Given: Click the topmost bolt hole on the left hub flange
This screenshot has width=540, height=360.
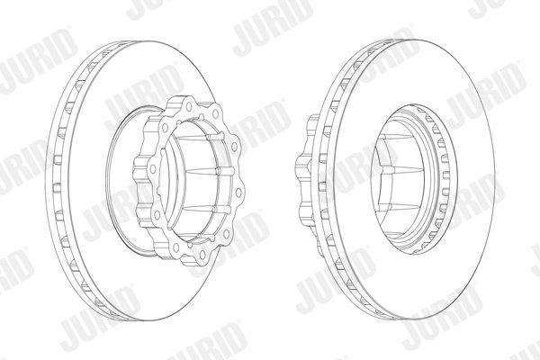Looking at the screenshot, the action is tap(189, 107).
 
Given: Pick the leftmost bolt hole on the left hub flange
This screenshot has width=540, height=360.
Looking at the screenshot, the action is tap(153, 169).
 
